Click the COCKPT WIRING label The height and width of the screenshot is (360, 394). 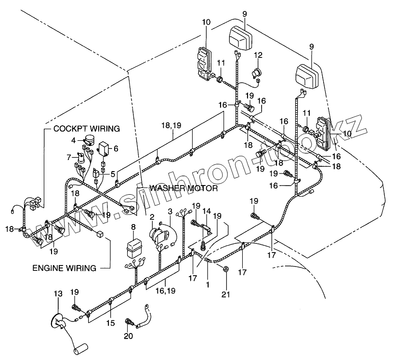coord(87,129)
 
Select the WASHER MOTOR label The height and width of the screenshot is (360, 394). coord(184,188)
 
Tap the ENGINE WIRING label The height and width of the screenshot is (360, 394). coord(65,268)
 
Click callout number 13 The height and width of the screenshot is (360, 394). coord(58,293)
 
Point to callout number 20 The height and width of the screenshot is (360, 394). coord(129,336)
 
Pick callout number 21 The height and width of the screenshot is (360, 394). coord(225,294)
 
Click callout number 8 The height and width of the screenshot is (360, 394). coord(133,227)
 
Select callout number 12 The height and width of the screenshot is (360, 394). coord(258,55)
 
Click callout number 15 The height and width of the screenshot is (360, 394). coord(111,323)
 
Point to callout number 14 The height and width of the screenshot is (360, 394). coord(207,211)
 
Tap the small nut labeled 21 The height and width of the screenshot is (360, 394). coord(225,269)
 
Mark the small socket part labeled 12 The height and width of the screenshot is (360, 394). coord(256,73)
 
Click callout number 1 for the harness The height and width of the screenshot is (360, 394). coord(208,284)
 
